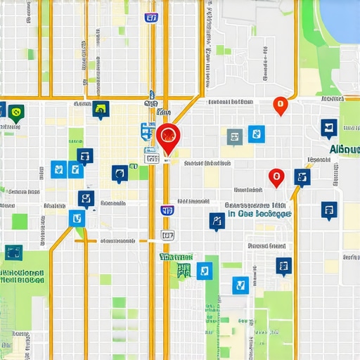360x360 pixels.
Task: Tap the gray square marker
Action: click(235, 136)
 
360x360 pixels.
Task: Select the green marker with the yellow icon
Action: click(16, 111)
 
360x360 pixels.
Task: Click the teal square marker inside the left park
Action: click(13, 252)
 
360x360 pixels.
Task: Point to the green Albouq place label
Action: click(343, 150)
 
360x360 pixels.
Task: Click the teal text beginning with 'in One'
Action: click(257, 213)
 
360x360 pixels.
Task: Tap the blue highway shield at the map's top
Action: click(151, 17)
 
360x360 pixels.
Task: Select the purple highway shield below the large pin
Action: click(167, 210)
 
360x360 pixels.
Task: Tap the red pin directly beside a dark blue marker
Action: click(276, 177)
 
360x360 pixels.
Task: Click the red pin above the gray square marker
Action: click(281, 105)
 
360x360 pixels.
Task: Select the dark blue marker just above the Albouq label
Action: click(328, 127)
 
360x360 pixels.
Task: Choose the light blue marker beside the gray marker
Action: click(257, 134)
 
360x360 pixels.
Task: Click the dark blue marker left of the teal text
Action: click(217, 221)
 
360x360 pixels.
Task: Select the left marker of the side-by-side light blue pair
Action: click(59, 169)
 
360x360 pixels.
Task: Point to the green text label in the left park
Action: click(22, 275)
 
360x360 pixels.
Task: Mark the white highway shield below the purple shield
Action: click(167, 236)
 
